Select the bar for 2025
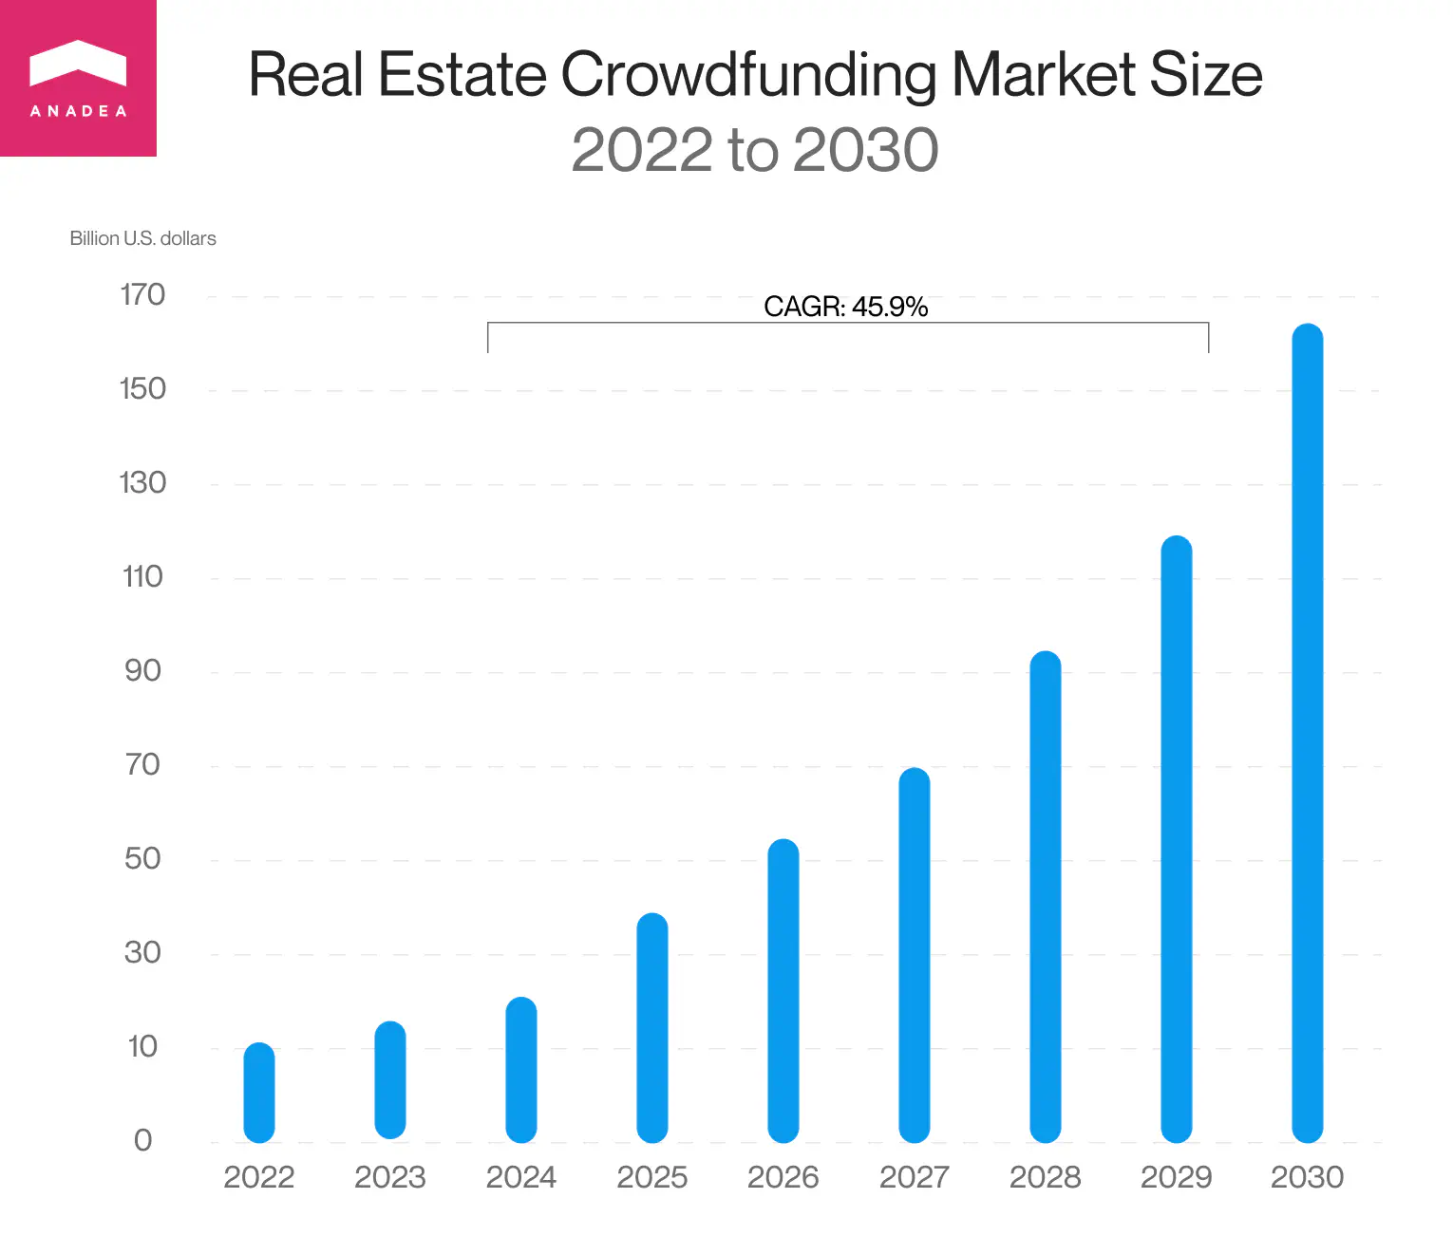[x=652, y=1027]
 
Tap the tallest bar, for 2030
[x=1308, y=733]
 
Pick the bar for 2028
[x=1046, y=896]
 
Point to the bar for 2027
[x=915, y=954]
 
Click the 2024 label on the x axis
[x=520, y=1177]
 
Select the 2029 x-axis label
[x=1176, y=1177]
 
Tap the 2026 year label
[x=783, y=1177]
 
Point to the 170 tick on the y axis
[x=142, y=295]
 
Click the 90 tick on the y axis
[x=142, y=671]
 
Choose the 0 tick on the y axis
[x=142, y=1140]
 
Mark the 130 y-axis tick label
[x=142, y=483]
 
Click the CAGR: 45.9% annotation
[x=845, y=307]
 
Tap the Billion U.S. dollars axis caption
[x=142, y=238]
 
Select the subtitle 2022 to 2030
[x=754, y=150]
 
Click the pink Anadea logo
[x=78, y=78]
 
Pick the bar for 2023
[x=390, y=1080]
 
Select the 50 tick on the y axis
[x=142, y=859]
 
